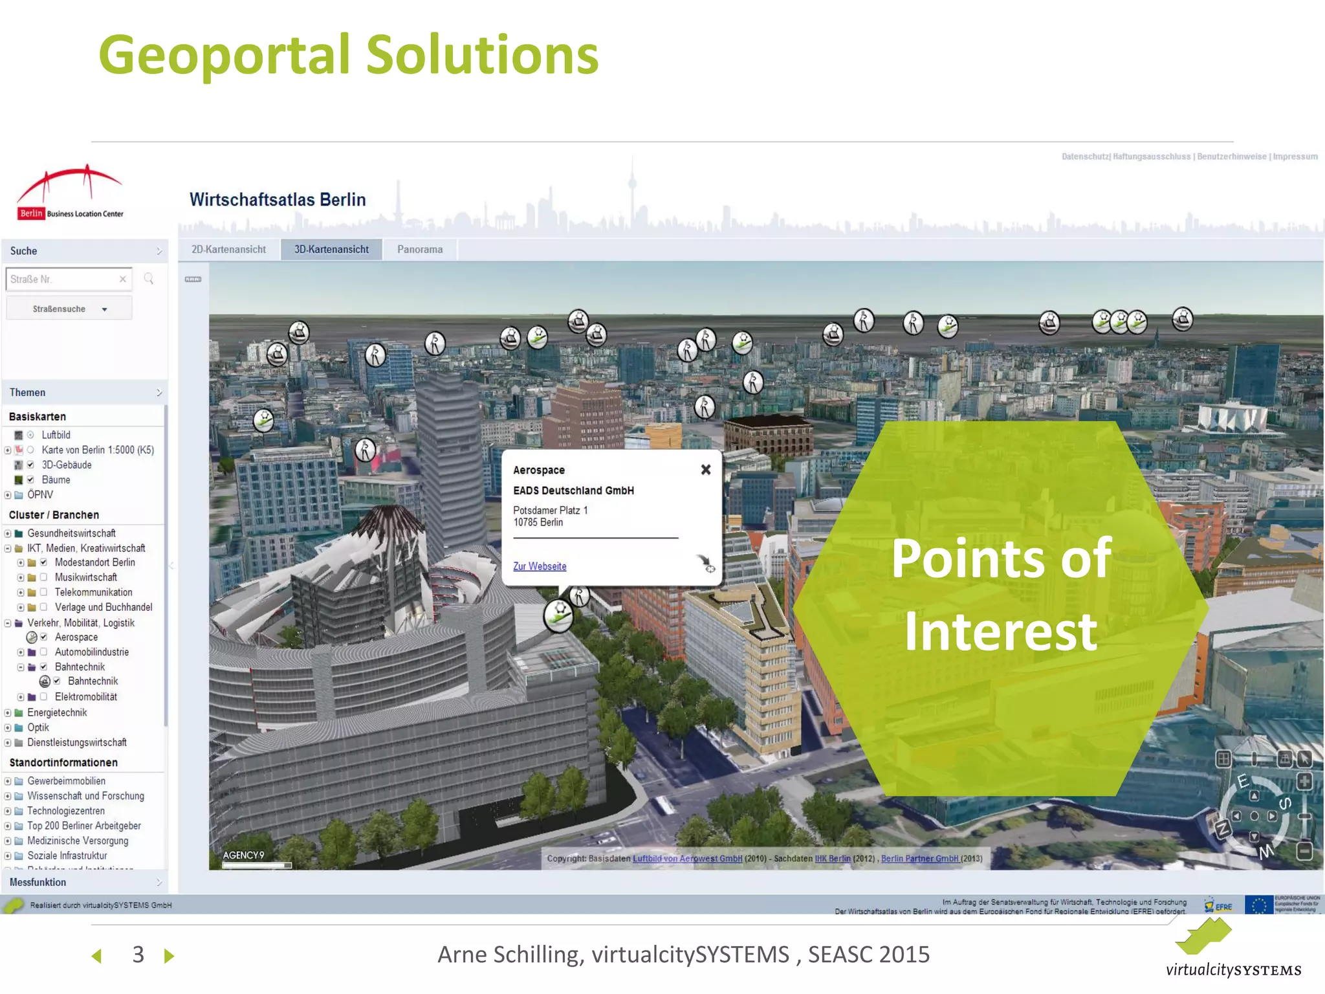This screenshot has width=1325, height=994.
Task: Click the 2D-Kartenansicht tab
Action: coord(228,250)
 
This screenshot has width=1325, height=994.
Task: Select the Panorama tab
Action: coord(420,250)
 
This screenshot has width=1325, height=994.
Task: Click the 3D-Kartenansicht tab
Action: coord(331,250)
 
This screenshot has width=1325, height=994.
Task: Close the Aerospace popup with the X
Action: coord(706,470)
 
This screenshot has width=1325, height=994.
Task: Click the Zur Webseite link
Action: coord(540,566)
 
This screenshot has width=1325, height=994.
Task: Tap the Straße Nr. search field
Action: coord(62,280)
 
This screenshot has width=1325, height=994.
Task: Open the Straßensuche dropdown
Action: coord(69,309)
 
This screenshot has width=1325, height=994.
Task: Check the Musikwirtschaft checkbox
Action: coord(44,577)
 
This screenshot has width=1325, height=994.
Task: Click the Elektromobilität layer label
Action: coord(86,697)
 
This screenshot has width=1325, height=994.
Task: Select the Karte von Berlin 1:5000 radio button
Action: coord(30,450)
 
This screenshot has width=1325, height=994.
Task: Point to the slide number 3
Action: coord(138,955)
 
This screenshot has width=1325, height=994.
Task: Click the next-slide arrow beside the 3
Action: coord(169,956)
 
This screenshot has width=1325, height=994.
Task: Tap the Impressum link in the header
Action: coord(1295,157)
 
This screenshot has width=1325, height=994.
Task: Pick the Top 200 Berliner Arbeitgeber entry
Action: coord(84,826)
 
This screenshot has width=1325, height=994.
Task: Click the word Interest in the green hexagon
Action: coord(1000,631)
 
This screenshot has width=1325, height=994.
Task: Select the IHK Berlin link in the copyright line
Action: coord(833,859)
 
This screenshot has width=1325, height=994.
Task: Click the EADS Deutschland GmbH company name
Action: coord(573,491)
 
